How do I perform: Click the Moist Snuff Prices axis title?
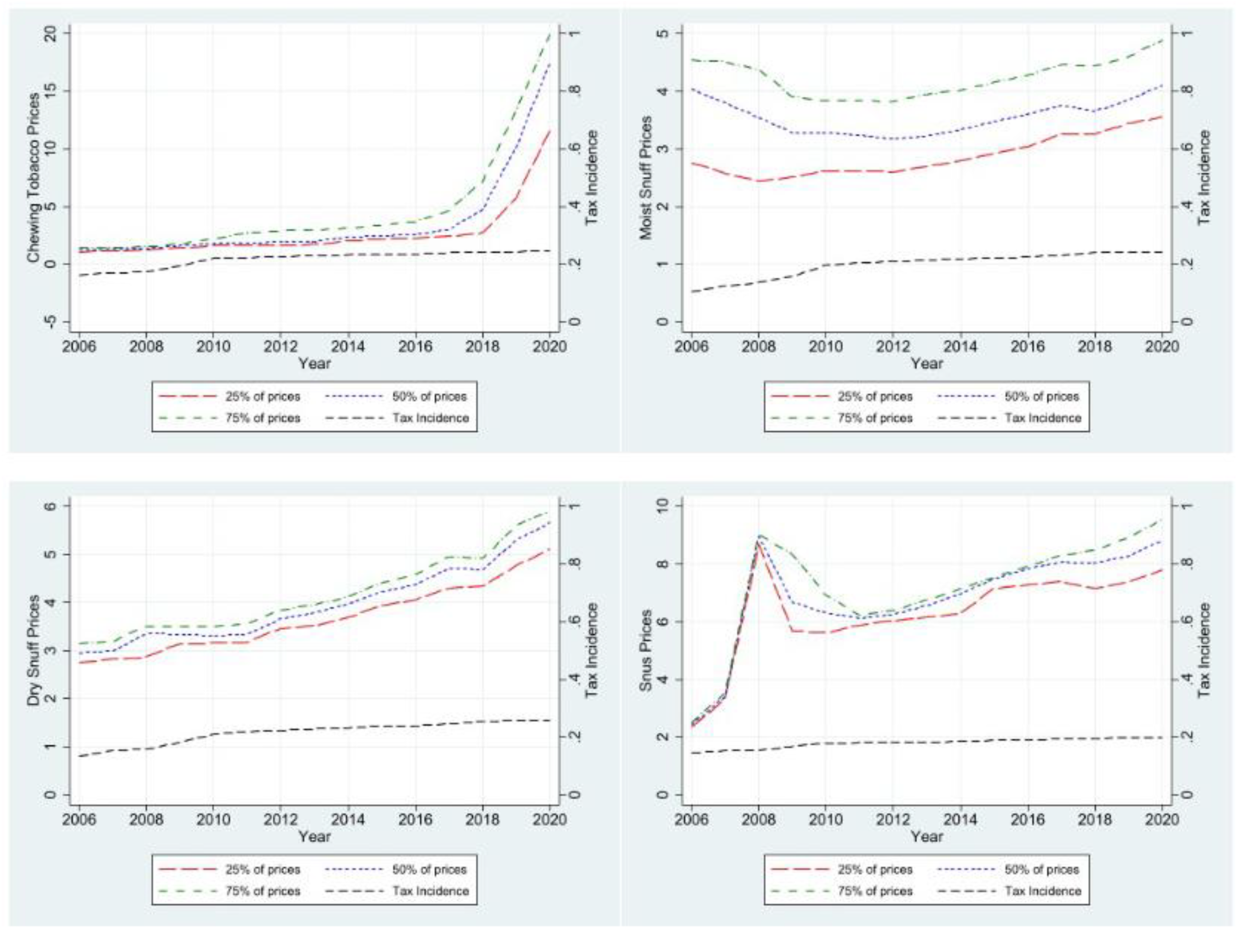pyautogui.click(x=647, y=177)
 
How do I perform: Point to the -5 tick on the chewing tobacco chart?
pyautogui.click(x=52, y=322)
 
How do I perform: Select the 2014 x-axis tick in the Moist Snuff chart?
pyautogui.click(x=960, y=346)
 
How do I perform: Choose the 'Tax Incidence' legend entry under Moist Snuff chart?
pyautogui.click(x=1043, y=418)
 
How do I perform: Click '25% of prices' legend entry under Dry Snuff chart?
pyautogui.click(x=263, y=869)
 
